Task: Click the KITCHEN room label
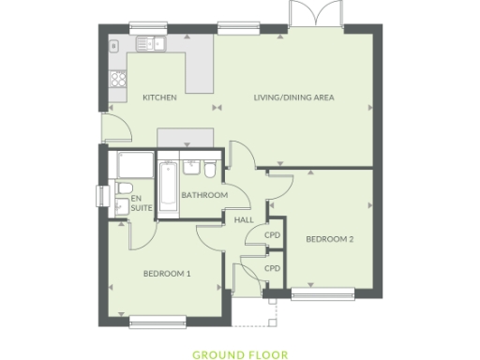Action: pos(159,97)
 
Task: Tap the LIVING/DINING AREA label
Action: pos(295,97)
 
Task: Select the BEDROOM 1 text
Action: pos(167,274)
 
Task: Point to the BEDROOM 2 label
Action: pos(329,239)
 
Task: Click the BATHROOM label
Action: pos(204,195)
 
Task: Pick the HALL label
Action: pos(244,220)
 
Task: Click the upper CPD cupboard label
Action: pos(273,234)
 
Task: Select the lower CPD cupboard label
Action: pos(273,268)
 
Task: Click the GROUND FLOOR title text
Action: pos(240,355)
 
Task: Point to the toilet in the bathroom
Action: pos(210,170)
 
